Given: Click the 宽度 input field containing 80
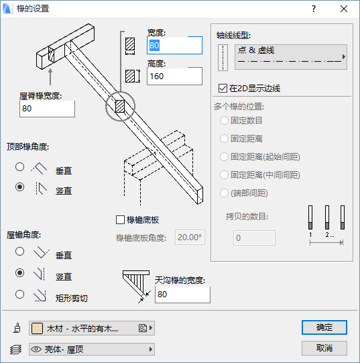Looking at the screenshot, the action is click(x=174, y=46).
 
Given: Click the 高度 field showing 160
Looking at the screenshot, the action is click(x=174, y=76).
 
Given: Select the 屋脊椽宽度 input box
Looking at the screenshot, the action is click(x=47, y=109).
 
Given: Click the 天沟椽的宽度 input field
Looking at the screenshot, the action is click(x=182, y=295).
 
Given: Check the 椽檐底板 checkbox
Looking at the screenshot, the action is click(x=120, y=219).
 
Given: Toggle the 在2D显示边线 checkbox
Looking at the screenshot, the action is click(x=223, y=88).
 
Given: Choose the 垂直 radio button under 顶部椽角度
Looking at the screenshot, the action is click(x=19, y=166).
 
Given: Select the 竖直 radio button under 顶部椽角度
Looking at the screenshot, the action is click(x=19, y=187).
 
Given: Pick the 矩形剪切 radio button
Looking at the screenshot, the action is click(x=19, y=295).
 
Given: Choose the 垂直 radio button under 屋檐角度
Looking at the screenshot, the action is click(x=19, y=252).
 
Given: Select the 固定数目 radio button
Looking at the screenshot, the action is click(x=224, y=120).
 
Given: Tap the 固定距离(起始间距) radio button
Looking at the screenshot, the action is click(x=224, y=157).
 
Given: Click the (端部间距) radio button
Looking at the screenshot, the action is click(x=224, y=193).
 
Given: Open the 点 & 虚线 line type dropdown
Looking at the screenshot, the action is click(x=291, y=57).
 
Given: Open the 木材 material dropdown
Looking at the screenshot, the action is click(x=92, y=328).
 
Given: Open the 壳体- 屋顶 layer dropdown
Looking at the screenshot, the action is click(x=92, y=349).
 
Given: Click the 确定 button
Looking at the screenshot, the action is click(x=324, y=327).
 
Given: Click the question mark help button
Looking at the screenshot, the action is click(x=314, y=9).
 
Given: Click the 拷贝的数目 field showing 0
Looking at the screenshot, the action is click(x=254, y=238).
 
